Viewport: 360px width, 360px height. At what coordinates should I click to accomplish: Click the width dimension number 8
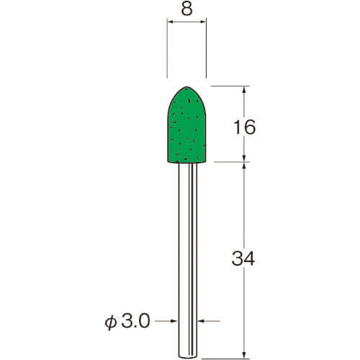tap(186, 9)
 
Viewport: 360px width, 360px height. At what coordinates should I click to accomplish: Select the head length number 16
tap(245, 127)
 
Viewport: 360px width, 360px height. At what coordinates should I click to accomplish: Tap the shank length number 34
tap(243, 258)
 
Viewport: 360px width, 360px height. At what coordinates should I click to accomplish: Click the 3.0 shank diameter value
tap(135, 321)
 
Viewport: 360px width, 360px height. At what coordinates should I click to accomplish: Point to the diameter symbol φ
tap(110, 323)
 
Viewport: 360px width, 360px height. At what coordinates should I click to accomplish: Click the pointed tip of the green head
tap(186, 86)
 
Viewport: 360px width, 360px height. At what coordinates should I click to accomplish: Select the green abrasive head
tap(186, 125)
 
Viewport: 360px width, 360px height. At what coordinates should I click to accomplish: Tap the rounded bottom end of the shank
tap(188, 357)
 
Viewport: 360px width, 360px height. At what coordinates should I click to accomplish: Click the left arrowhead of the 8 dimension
tap(170, 22)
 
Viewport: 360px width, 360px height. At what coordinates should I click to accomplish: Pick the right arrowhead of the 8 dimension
tap(203, 22)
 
